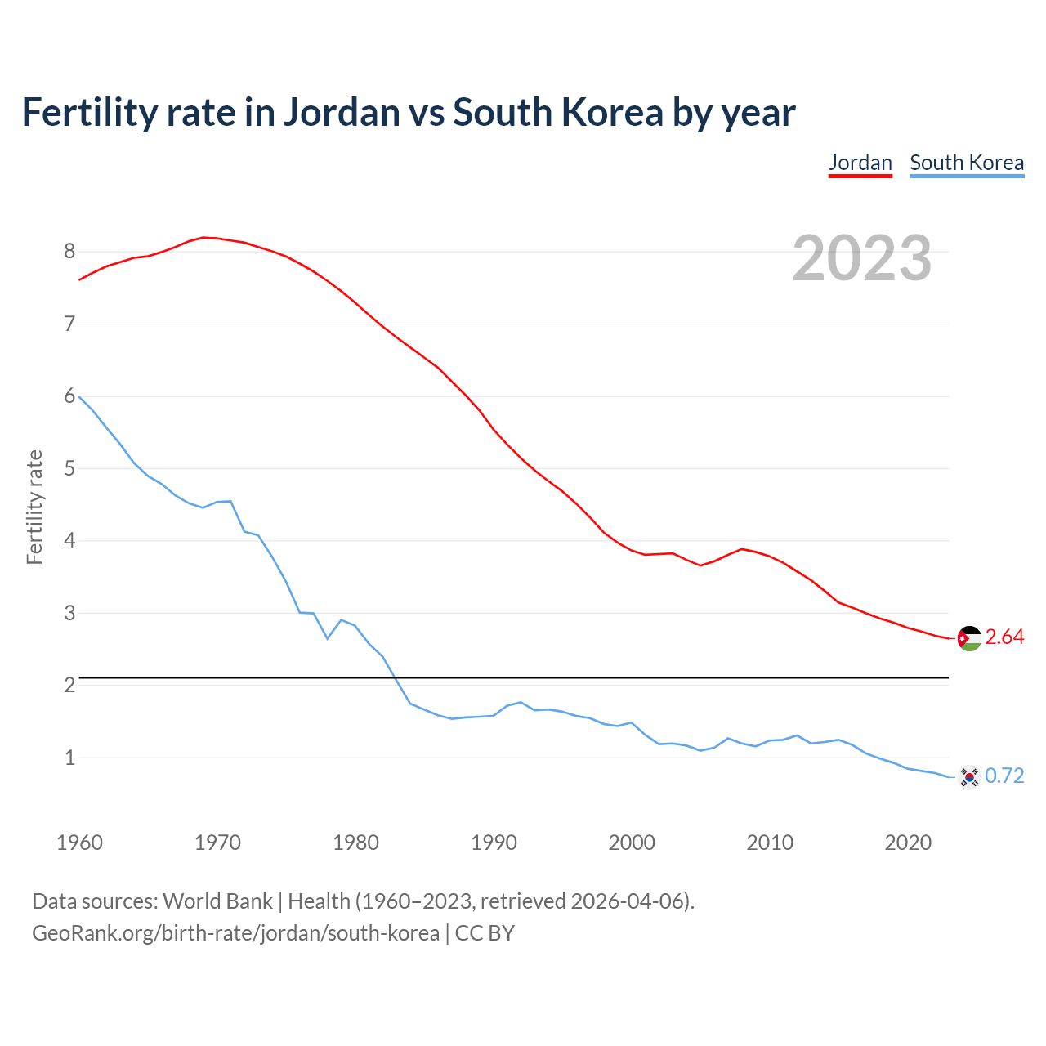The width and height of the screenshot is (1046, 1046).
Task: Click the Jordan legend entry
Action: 860,163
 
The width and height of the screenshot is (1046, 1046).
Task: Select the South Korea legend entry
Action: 966,163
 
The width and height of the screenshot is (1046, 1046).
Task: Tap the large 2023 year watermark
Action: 861,258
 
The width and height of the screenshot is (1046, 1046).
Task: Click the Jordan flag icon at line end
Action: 969,638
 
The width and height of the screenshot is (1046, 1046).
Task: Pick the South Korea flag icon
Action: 969,776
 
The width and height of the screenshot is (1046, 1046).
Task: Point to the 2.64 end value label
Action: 1004,637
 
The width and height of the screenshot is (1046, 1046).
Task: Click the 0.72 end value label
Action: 1004,776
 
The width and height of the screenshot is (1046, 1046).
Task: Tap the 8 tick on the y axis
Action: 69,252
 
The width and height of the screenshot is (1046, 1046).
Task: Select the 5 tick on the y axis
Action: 69,469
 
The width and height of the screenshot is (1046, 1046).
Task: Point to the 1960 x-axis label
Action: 79,843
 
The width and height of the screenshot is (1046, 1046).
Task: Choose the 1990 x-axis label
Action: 494,843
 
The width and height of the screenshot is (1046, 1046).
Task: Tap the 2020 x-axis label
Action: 908,843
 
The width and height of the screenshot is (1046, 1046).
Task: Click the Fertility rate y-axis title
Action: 34,507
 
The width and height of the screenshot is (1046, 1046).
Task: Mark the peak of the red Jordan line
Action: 203,237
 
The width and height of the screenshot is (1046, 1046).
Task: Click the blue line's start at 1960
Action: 80,396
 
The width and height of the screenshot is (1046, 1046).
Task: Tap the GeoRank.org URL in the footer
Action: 235,933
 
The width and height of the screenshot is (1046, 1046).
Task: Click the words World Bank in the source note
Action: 217,901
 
